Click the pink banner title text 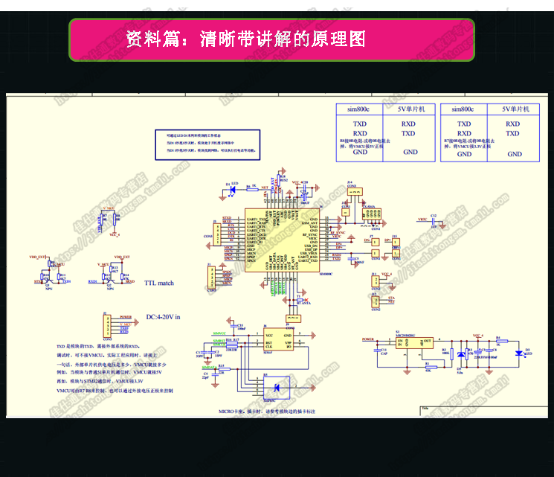[x=245, y=39]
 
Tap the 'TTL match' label [x=159, y=283]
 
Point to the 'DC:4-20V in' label [x=162, y=317]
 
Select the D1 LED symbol [x=232, y=190]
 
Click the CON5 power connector [x=109, y=325]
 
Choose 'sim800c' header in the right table [x=463, y=109]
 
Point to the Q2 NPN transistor [x=109, y=279]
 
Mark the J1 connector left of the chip [x=213, y=279]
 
